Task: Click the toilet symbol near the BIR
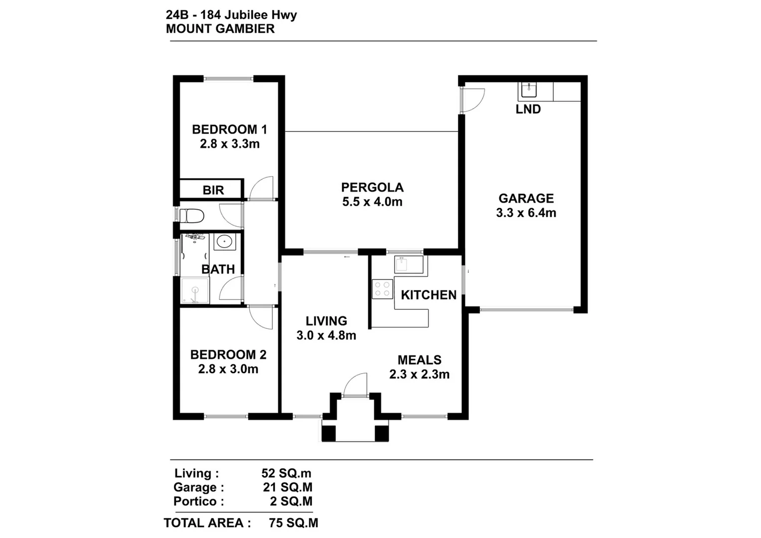tap(192, 216)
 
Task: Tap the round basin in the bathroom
tap(224, 242)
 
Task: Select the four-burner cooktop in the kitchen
tap(382, 289)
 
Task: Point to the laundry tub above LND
tap(528, 90)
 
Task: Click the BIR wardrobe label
tap(213, 190)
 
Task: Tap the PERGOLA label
tap(372, 187)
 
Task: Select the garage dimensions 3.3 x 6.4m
tap(526, 213)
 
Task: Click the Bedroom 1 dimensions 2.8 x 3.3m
tap(230, 144)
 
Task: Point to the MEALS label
tap(419, 360)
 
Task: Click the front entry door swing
tap(355, 385)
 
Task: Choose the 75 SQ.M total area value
tap(293, 523)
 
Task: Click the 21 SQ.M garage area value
tap(288, 487)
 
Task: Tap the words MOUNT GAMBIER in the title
tap(220, 29)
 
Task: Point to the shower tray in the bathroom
tap(195, 290)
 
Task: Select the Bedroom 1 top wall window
tap(229, 79)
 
